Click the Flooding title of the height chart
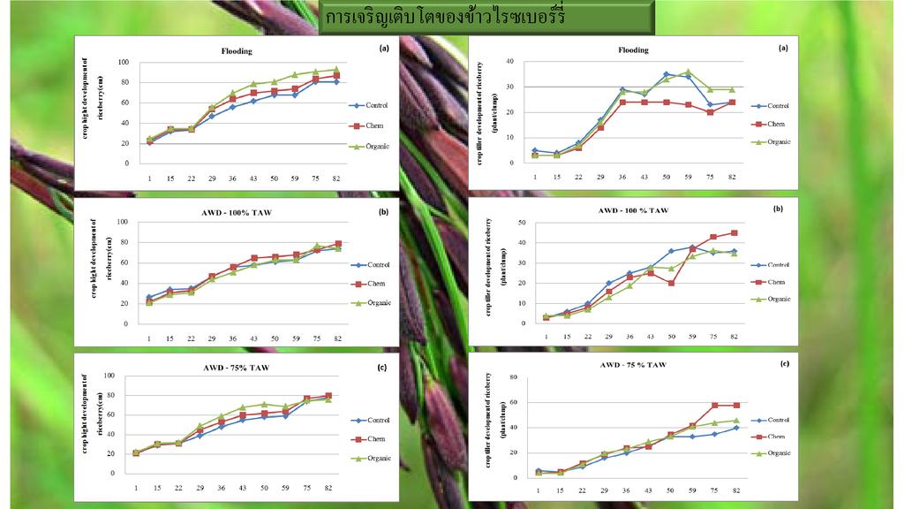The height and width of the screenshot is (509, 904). (x=237, y=51)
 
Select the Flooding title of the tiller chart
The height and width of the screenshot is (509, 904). (x=633, y=50)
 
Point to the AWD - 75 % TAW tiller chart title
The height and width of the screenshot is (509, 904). (x=633, y=364)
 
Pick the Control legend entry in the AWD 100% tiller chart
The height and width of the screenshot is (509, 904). (x=777, y=264)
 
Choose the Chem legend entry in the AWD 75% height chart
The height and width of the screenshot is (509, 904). (x=376, y=439)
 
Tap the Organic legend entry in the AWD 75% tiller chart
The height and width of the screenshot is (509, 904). (x=777, y=453)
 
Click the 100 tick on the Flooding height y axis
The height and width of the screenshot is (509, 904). (x=124, y=63)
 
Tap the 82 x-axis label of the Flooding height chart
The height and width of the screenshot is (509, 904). (x=336, y=178)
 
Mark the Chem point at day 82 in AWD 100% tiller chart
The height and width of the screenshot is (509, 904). (x=733, y=233)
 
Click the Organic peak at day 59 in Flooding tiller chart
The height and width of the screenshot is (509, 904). (x=689, y=72)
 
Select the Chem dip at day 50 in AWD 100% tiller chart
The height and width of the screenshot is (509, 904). (x=671, y=283)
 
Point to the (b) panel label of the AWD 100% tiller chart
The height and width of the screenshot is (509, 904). (x=778, y=209)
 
